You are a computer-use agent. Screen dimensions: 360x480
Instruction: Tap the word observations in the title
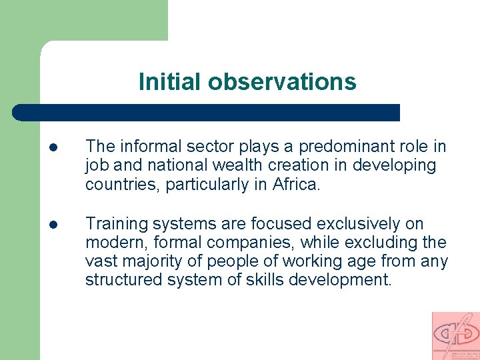(x=282, y=82)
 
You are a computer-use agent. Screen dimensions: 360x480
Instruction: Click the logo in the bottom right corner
(x=455, y=336)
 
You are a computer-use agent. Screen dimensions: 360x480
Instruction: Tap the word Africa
(x=297, y=184)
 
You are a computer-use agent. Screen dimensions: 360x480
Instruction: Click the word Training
(x=113, y=223)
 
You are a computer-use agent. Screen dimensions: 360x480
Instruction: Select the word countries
(x=122, y=184)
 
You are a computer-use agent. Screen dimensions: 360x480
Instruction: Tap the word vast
(x=99, y=261)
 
